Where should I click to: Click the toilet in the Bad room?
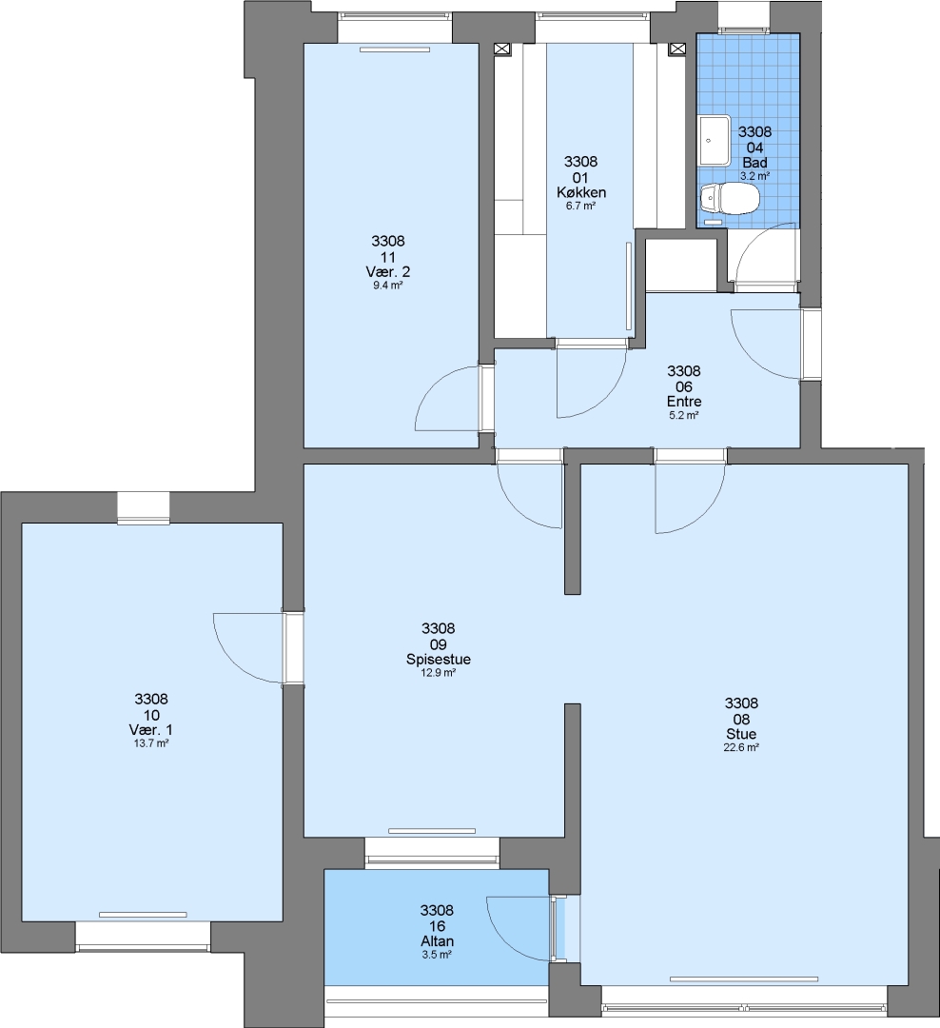[729, 198]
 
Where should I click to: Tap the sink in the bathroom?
[714, 140]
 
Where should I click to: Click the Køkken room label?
[580, 192]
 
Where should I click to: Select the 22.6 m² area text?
[741, 747]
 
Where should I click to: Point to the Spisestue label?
[438, 660]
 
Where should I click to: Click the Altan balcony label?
[438, 941]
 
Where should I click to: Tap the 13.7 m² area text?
[150, 743]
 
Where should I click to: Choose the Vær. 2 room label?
[387, 271]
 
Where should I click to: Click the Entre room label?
[684, 402]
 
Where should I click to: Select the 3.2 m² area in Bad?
[754, 176]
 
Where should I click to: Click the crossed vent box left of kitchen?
[502, 49]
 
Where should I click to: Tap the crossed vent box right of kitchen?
[677, 49]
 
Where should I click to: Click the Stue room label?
[741, 734]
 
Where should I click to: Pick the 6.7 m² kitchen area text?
[580, 206]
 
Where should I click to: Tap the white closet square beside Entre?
[682, 265]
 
